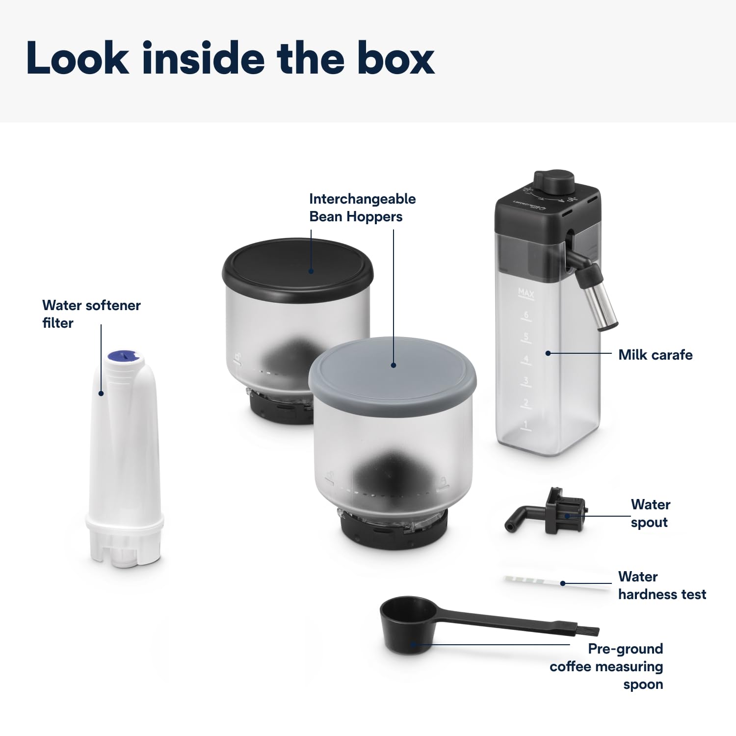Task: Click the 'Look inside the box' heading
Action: (x=231, y=58)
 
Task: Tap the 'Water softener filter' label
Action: (x=91, y=314)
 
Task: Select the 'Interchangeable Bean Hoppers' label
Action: (x=362, y=208)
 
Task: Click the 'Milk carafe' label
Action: (x=655, y=355)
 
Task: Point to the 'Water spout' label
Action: (x=650, y=513)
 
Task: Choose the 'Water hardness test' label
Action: (x=661, y=585)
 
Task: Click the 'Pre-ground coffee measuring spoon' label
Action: (x=606, y=666)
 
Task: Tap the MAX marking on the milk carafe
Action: (x=526, y=293)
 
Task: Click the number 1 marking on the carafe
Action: (x=526, y=424)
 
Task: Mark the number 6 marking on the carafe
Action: (x=526, y=315)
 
